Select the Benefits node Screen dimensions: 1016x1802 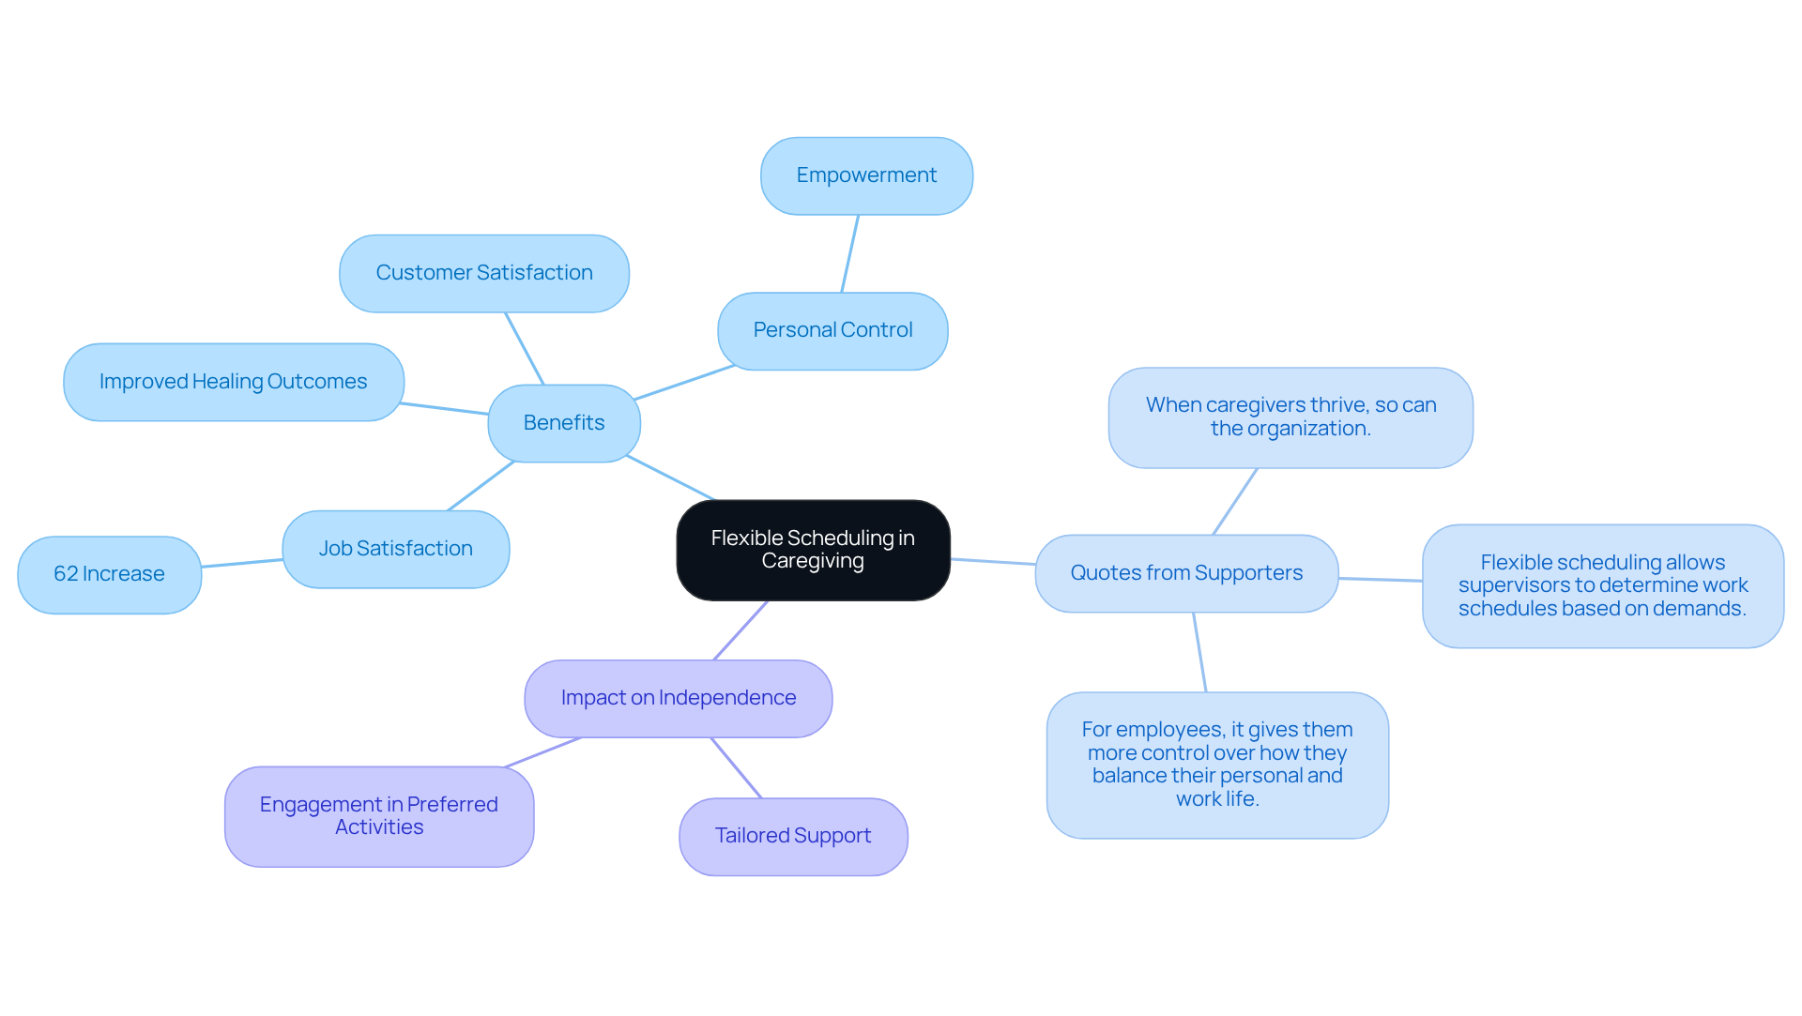coord(563,423)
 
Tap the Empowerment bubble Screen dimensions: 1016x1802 coord(865,175)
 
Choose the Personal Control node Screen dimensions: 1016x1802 coord(832,330)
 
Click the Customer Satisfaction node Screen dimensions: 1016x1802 coord(483,273)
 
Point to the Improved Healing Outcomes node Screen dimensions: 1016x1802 coord(233,382)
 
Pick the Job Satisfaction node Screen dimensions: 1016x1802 coord(395,549)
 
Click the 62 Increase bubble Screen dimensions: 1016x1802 coord(109,574)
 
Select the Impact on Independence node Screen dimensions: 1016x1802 coord(678,698)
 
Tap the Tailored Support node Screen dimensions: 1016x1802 coord(792,836)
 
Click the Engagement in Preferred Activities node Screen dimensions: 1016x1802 coord(378,816)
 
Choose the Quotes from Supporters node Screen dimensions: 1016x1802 coord(1185,573)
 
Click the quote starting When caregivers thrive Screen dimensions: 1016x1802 coord(1290,417)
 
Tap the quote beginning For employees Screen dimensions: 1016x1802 coord(1216,765)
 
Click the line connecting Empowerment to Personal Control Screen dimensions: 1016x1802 coord(849,254)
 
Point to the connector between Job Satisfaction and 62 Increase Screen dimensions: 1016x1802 coord(242,563)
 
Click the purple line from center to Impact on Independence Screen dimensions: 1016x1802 coord(741,630)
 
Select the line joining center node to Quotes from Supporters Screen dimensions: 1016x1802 coord(992,561)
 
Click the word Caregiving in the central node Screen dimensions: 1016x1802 coord(813,561)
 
